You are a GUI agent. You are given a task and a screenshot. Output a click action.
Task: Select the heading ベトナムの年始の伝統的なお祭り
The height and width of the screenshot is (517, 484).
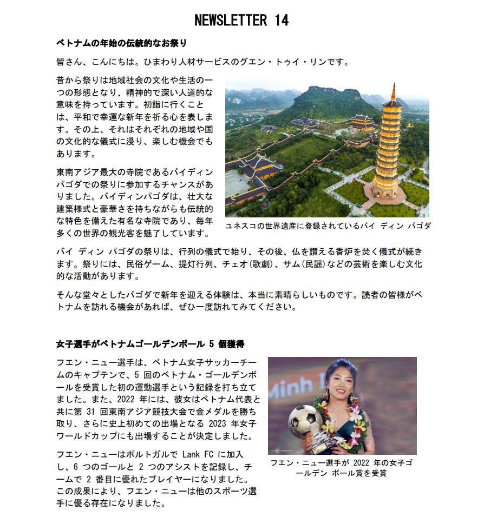122,42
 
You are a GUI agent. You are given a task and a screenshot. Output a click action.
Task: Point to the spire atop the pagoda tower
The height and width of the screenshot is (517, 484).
393,91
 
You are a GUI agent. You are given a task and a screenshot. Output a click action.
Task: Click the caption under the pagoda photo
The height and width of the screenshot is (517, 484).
328,226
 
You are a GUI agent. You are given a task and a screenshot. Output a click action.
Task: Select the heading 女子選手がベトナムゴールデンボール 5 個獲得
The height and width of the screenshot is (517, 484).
152,344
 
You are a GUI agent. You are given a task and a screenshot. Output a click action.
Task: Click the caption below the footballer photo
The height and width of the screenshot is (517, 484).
341,468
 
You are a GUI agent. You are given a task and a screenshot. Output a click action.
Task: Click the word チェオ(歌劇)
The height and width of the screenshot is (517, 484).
238,264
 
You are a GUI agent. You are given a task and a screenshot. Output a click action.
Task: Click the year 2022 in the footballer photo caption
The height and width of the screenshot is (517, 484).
363,463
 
